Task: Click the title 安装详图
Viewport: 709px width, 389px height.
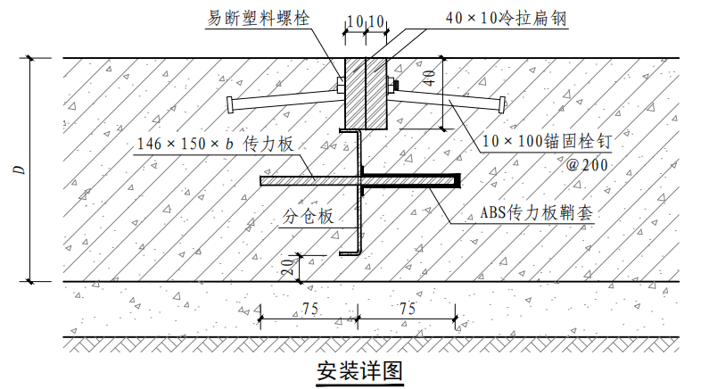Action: point(359,371)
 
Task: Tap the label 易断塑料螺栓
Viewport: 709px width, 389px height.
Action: point(259,18)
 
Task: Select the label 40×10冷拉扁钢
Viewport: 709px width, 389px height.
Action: point(506,18)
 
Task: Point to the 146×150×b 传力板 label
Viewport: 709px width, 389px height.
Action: point(215,144)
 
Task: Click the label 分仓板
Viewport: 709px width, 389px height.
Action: point(308,216)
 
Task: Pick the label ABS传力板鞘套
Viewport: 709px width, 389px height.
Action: point(536,211)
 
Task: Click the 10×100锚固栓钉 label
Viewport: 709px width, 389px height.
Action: point(547,141)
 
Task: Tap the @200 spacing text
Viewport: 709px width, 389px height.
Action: point(587,165)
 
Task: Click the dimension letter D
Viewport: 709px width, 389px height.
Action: point(20,170)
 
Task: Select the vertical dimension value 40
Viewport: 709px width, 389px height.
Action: point(430,78)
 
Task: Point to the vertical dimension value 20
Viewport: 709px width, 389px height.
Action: point(287,267)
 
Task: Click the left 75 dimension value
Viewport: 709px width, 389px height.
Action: point(310,309)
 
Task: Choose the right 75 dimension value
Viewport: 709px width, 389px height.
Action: point(407,309)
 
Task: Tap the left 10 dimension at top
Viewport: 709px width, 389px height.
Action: point(355,21)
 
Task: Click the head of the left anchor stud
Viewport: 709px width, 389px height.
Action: point(231,105)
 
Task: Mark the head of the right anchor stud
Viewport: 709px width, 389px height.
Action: point(501,104)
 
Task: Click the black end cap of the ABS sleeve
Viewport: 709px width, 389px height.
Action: point(458,181)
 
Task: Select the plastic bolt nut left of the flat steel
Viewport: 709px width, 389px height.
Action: point(341,85)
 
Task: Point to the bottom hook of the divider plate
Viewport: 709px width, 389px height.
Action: point(350,253)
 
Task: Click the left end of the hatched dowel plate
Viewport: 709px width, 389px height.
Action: point(262,181)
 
